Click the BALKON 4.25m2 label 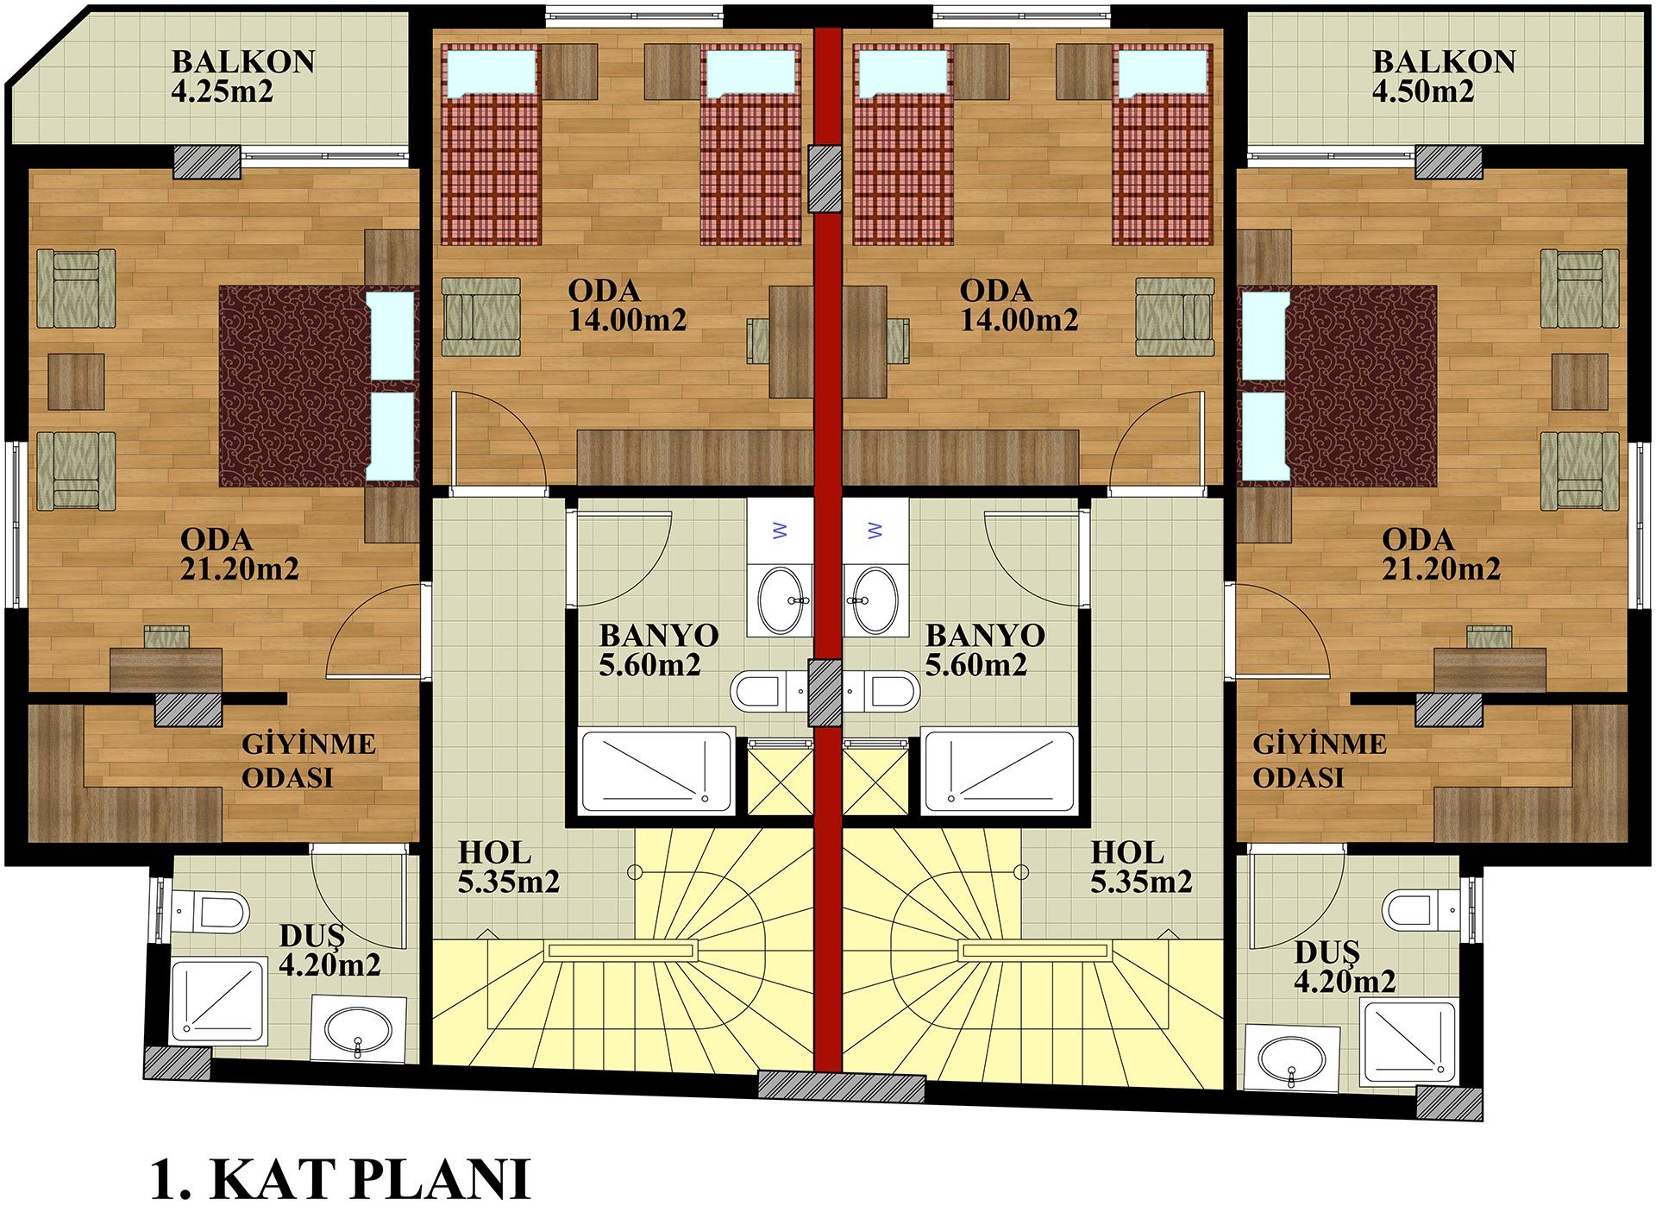point(243,76)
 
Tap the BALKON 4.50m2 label point(1444,76)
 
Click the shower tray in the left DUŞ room point(217,1001)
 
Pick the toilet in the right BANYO point(883,691)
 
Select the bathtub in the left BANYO point(657,771)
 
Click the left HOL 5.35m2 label point(508,867)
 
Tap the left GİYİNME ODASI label point(308,760)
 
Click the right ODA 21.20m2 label point(1440,554)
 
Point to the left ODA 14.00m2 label point(627,305)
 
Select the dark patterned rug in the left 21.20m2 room point(293,386)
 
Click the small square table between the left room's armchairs point(76,381)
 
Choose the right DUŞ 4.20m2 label point(1345,967)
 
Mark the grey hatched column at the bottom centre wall point(841,1085)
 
